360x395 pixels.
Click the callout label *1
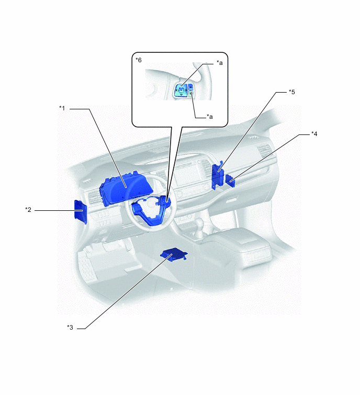tap(62, 108)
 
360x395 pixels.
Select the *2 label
tap(28, 210)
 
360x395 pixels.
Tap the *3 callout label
tap(70, 327)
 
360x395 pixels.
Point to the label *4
tap(314, 134)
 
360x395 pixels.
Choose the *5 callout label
tap(292, 92)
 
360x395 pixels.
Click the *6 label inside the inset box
tap(139, 60)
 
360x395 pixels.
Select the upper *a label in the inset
tap(220, 63)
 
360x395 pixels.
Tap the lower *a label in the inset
tap(210, 117)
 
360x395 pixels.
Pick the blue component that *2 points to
tap(81, 211)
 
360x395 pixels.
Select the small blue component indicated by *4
tap(230, 180)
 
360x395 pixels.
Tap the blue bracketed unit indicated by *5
tap(218, 175)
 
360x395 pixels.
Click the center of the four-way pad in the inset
tap(182, 90)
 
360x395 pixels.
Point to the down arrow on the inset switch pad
tap(182, 95)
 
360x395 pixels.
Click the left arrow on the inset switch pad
tap(177, 90)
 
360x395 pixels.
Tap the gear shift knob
tap(200, 223)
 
